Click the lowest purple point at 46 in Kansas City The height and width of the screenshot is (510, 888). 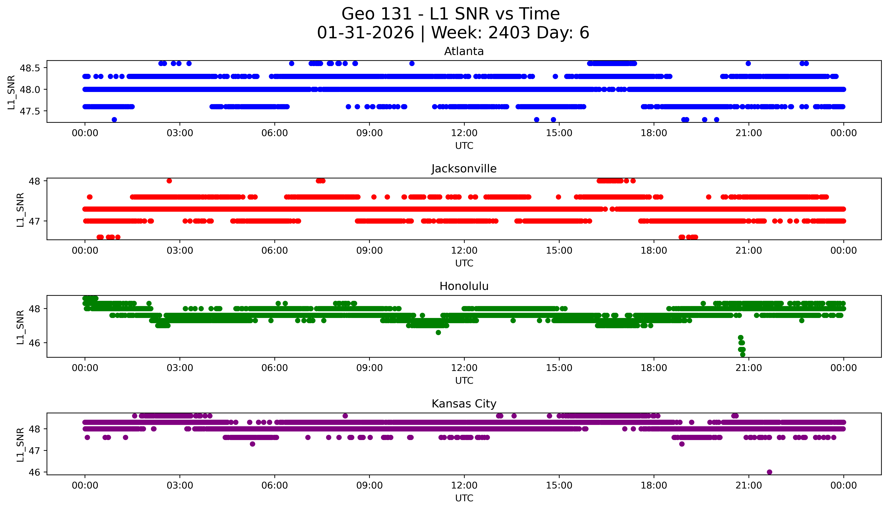coord(769,472)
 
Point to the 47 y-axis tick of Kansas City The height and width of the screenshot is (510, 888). coord(35,450)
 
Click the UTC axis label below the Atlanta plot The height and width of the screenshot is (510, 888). coord(464,146)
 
